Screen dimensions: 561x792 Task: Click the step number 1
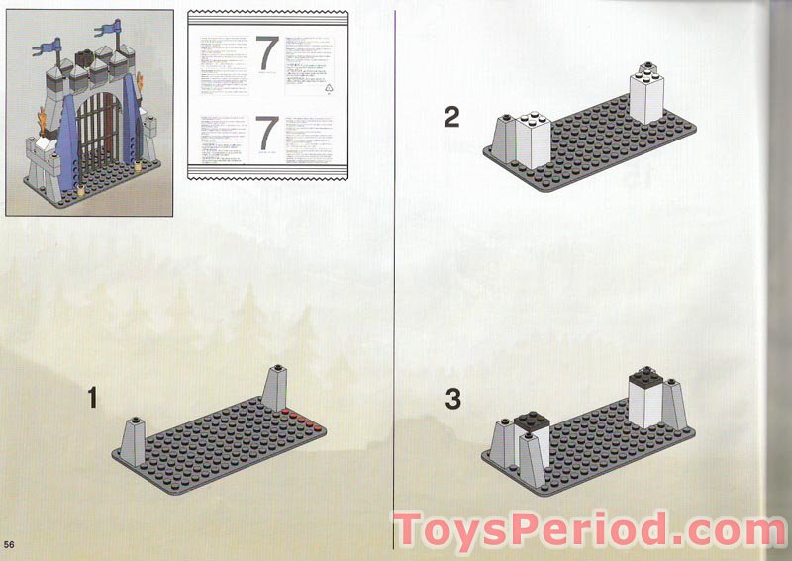coord(92,399)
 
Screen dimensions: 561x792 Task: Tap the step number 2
coord(451,118)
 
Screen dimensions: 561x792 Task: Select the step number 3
coord(452,400)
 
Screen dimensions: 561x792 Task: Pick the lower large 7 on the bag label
coord(267,133)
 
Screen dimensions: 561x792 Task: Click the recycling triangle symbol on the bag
coord(331,88)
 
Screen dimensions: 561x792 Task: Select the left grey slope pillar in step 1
coord(133,440)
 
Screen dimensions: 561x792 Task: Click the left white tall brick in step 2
coord(531,141)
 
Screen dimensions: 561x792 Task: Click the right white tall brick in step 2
coord(646,94)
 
